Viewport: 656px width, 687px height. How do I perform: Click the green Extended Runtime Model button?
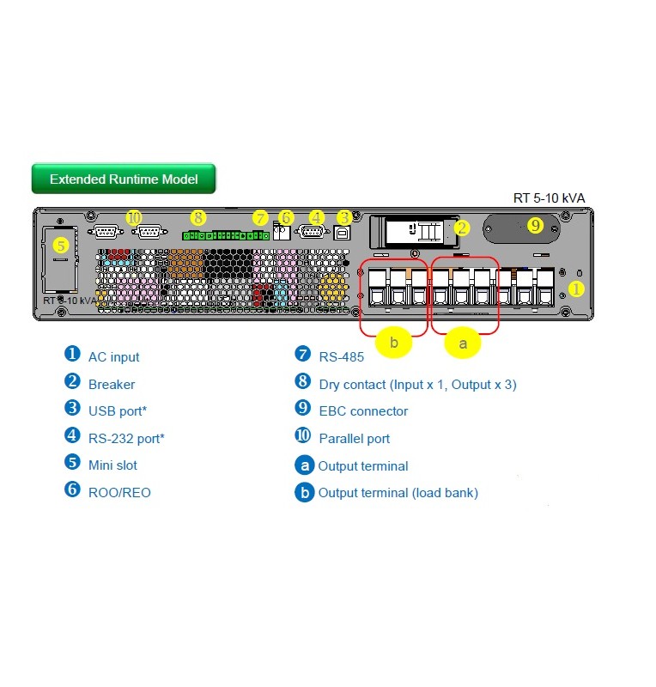[x=124, y=179]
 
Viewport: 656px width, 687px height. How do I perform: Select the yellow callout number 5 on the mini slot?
[x=60, y=245]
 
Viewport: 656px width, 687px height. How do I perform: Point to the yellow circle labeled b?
[x=394, y=343]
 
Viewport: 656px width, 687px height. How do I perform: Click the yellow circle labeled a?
[x=464, y=343]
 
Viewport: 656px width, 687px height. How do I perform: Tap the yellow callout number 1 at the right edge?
[x=576, y=289]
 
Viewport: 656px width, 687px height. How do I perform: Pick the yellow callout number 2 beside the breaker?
[x=462, y=228]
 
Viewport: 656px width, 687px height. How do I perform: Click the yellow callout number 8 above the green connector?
[x=198, y=218]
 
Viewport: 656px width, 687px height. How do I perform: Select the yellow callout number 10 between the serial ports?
[x=133, y=218]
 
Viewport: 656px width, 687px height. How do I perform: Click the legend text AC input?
[x=113, y=357]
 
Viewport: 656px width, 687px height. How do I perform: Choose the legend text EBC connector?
[x=363, y=411]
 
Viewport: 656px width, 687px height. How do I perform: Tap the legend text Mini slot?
[x=112, y=465]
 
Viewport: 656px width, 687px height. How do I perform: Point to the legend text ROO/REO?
[x=119, y=493]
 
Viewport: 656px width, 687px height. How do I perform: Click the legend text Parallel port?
[x=354, y=439]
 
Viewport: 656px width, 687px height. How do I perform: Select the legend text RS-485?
[x=341, y=357]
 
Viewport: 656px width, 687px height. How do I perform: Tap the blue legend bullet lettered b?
[x=303, y=493]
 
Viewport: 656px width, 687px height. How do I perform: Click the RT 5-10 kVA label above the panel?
[x=549, y=198]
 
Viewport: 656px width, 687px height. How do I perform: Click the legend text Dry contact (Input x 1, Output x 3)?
[x=417, y=385]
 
